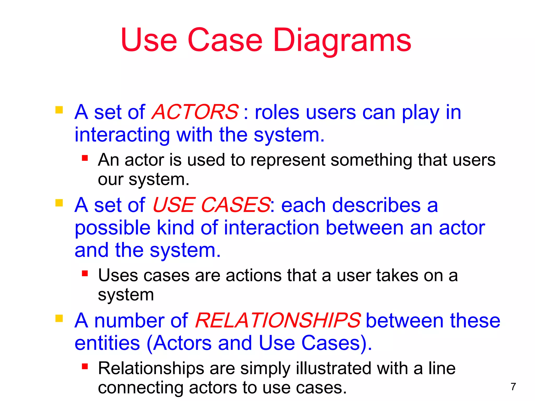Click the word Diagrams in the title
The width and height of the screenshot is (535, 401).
coord(342,40)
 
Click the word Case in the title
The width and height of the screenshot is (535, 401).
coord(225,40)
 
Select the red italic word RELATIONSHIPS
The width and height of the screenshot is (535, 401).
coord(278,320)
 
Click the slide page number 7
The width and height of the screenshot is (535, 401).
coord(513,387)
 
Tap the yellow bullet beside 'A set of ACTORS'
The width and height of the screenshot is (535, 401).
coord(59,110)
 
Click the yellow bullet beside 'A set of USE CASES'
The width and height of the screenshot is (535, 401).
coord(59,203)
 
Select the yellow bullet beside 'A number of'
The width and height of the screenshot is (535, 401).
coord(59,319)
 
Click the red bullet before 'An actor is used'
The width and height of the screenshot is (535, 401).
coord(85,158)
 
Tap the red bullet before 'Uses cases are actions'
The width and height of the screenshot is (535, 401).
coord(85,273)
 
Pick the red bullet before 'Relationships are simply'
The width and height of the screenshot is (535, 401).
coord(85,367)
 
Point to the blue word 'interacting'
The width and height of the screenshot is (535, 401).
coord(122,135)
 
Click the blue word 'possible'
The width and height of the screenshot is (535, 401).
coord(112,228)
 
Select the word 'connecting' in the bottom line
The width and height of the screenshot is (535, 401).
coord(140,388)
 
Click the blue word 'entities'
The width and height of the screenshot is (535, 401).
coord(107,343)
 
